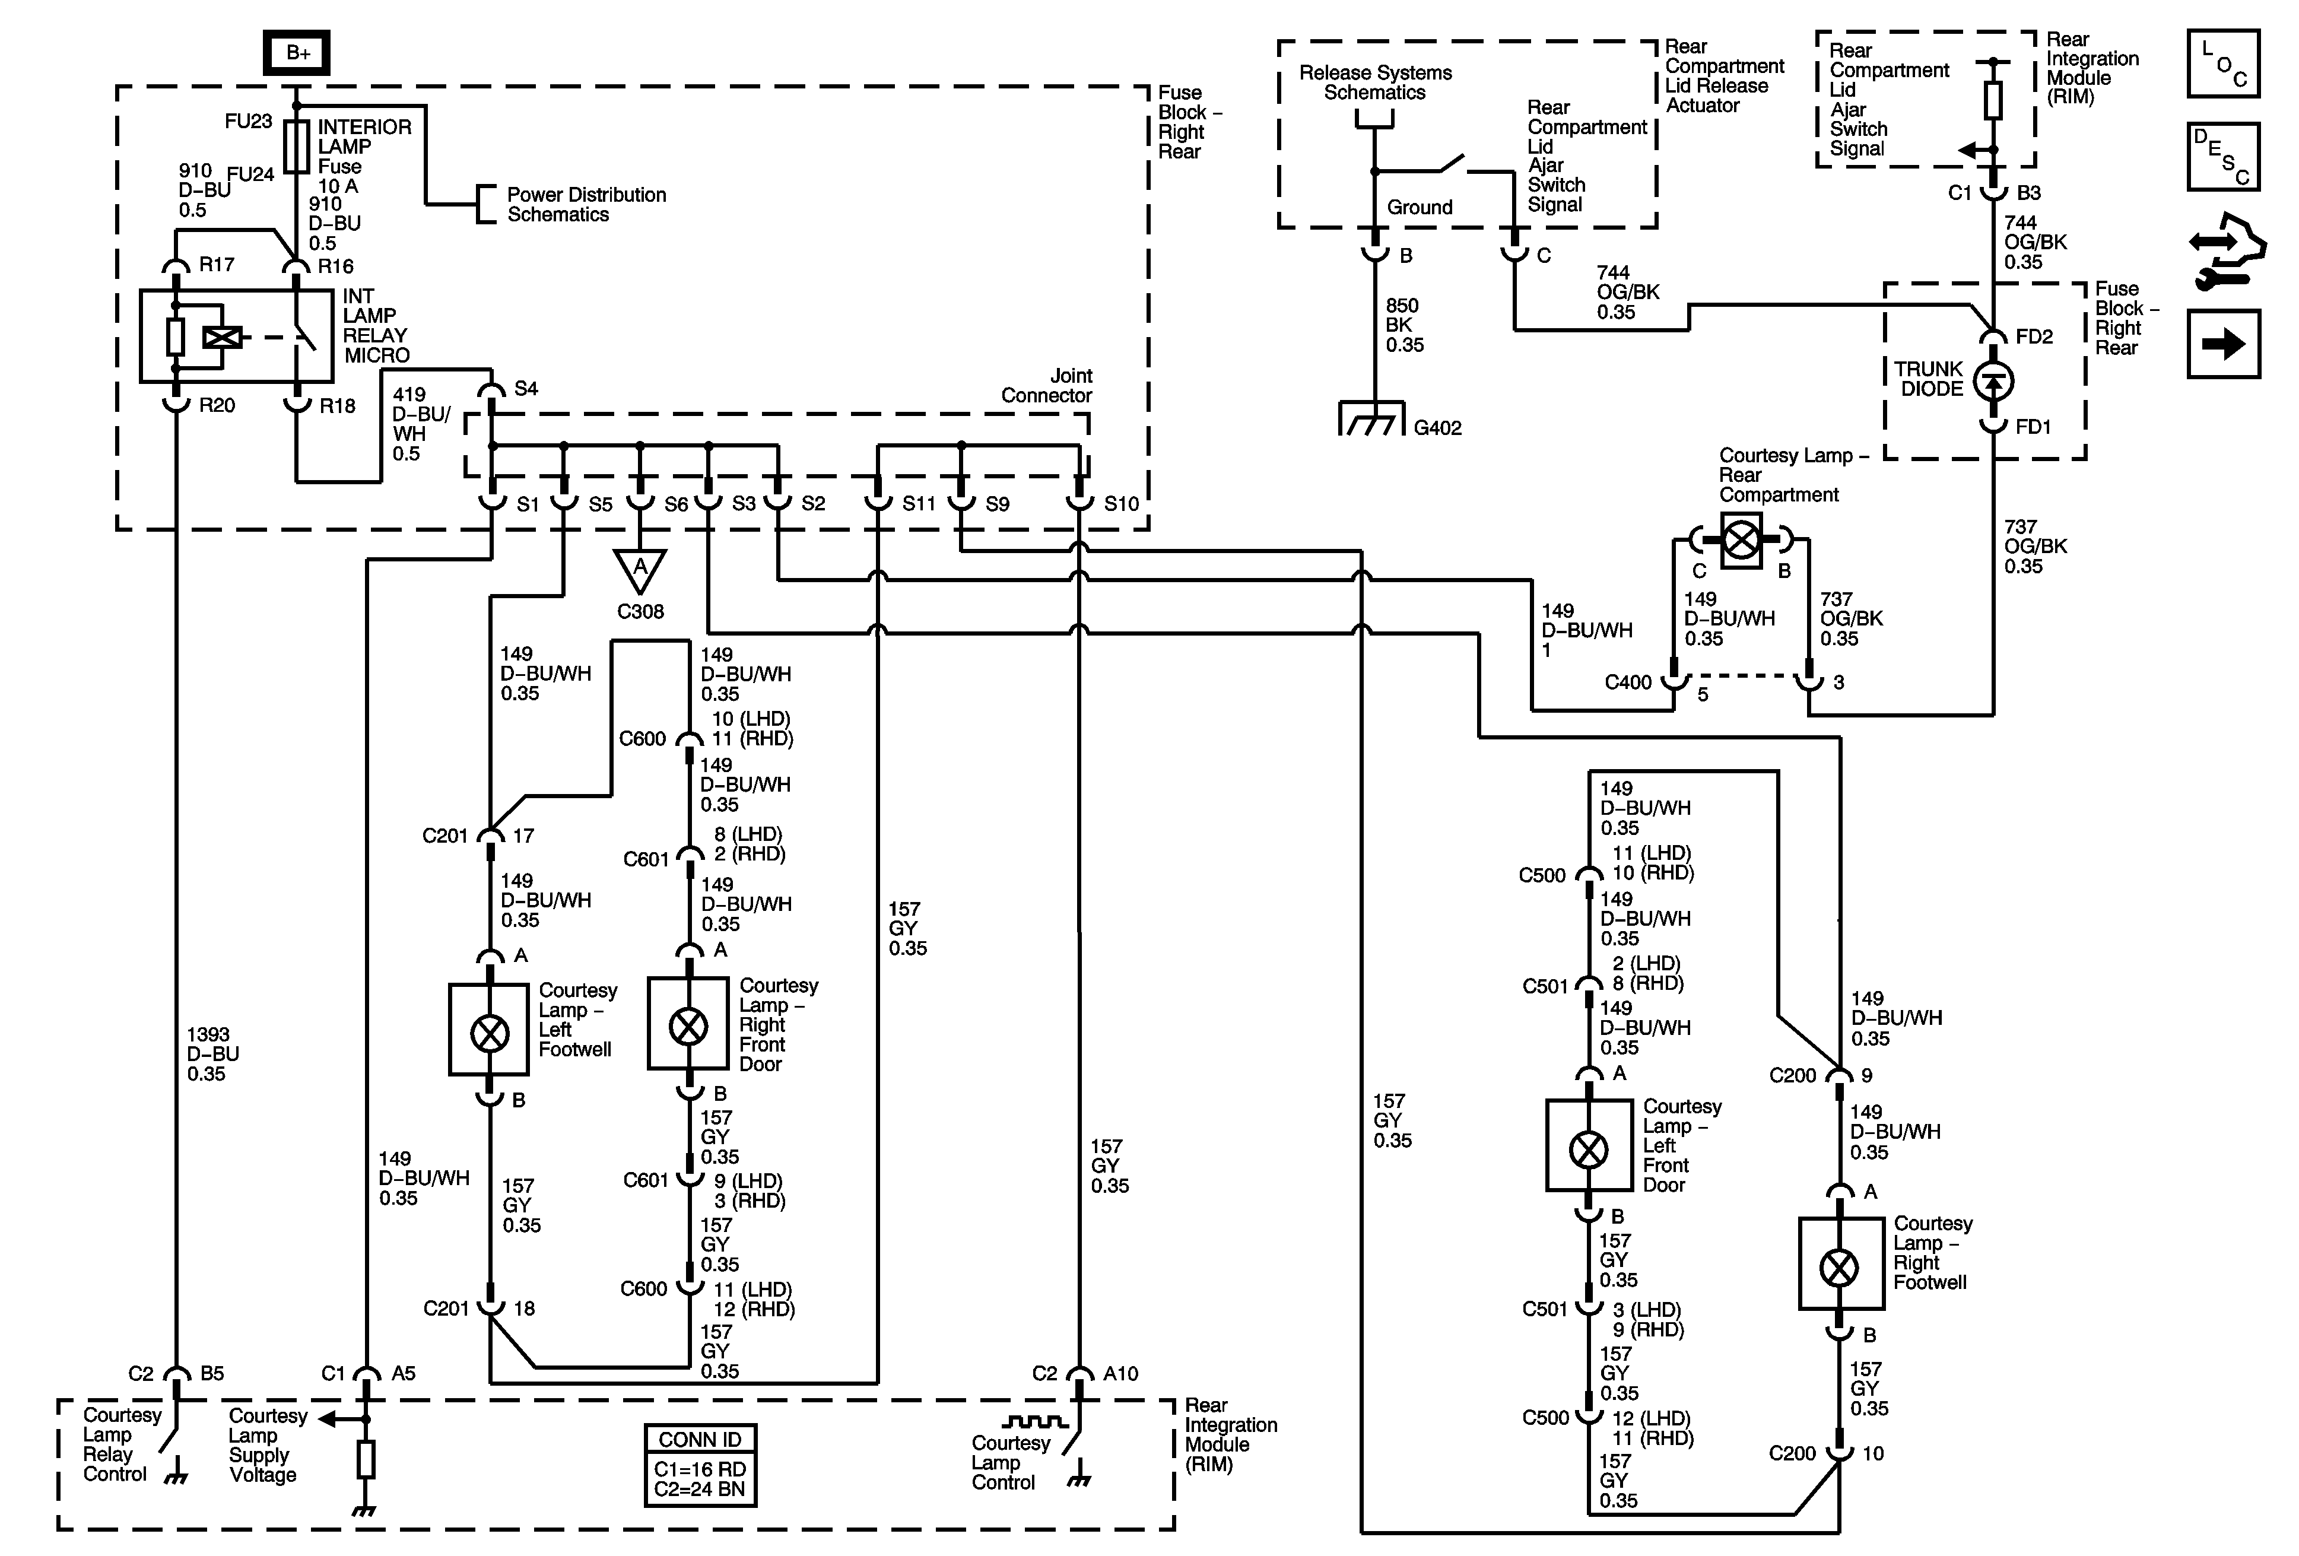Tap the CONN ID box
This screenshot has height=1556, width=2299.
[x=700, y=1465]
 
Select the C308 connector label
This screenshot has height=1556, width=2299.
[x=640, y=611]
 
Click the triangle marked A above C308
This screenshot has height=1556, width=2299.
[x=640, y=569]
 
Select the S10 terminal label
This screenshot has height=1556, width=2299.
[x=1121, y=503]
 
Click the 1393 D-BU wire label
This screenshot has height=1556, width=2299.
[x=212, y=1053]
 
